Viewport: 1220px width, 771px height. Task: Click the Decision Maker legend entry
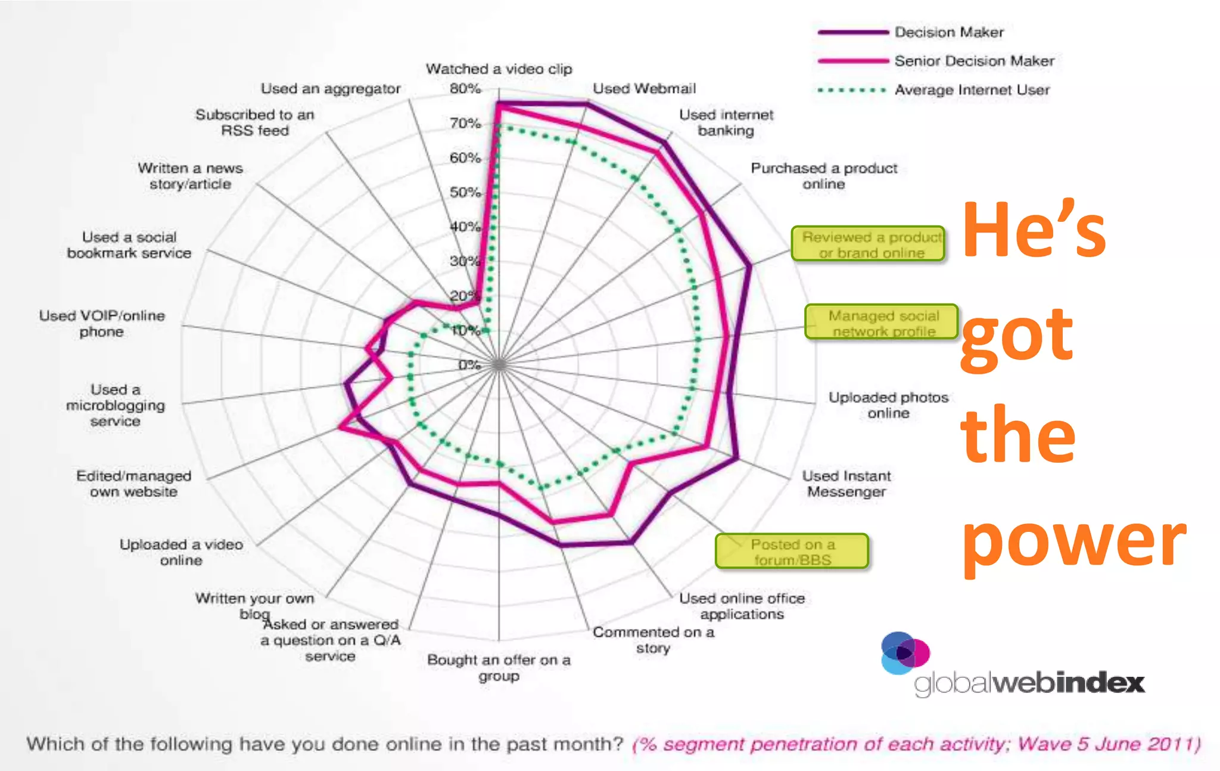pyautogui.click(x=948, y=32)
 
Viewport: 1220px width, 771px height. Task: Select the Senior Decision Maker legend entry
pyautogui.click(x=973, y=61)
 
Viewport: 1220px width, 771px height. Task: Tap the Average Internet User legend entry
pyautogui.click(x=971, y=90)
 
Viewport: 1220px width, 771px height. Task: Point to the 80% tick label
pyautogui.click(x=465, y=89)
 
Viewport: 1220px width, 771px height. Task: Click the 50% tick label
pyautogui.click(x=465, y=193)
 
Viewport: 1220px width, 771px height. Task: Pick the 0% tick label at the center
pyautogui.click(x=469, y=364)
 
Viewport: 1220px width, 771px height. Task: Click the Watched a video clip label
pyautogui.click(x=499, y=69)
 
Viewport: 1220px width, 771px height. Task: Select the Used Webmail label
pyautogui.click(x=644, y=89)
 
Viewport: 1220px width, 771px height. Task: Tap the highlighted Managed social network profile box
pyautogui.click(x=881, y=323)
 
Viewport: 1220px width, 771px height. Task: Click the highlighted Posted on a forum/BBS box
pyautogui.click(x=792, y=552)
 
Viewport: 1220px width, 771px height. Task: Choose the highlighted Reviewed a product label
pyautogui.click(x=868, y=244)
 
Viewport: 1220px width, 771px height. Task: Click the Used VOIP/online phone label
pyautogui.click(x=102, y=323)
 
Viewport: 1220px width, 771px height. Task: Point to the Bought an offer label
pyautogui.click(x=499, y=667)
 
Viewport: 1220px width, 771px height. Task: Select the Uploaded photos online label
pyautogui.click(x=888, y=405)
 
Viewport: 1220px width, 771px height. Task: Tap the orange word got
pyautogui.click(x=1017, y=337)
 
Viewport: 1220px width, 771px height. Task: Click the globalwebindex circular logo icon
pyautogui.click(x=905, y=653)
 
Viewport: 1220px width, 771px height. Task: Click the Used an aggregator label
pyautogui.click(x=330, y=89)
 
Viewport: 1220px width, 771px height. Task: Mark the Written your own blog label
pyautogui.click(x=254, y=605)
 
